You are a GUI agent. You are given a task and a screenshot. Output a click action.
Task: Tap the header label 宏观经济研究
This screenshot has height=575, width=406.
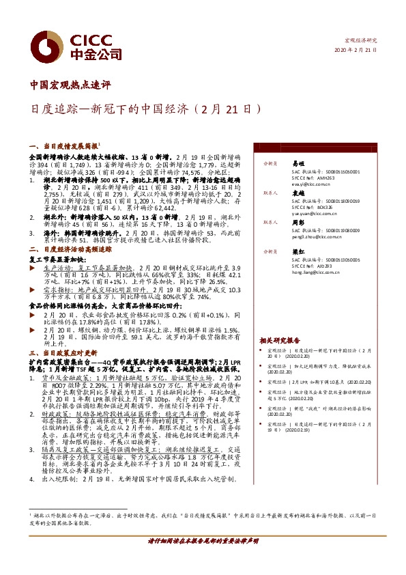(361, 40)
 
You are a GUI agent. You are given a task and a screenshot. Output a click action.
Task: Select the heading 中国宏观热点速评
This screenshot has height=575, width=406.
(71, 85)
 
